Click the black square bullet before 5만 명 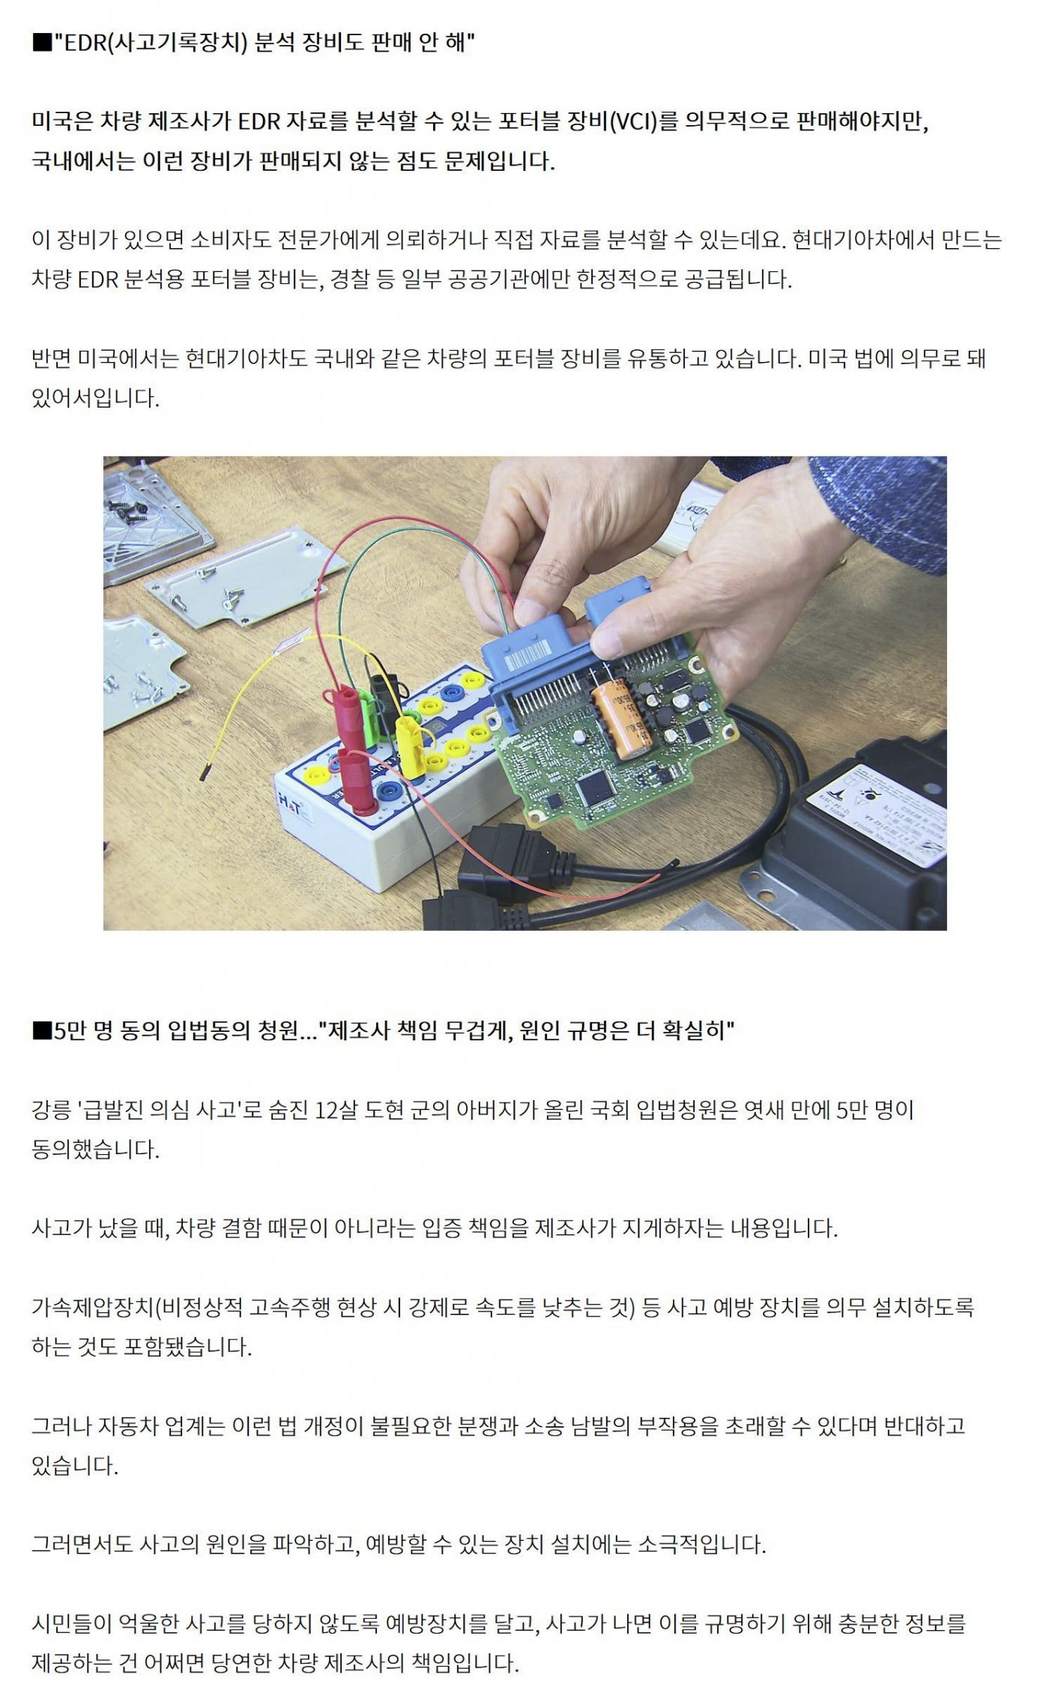pyautogui.click(x=41, y=1031)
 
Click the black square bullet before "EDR pyautogui.click(x=41, y=43)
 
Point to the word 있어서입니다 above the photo pyautogui.click(x=95, y=399)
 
